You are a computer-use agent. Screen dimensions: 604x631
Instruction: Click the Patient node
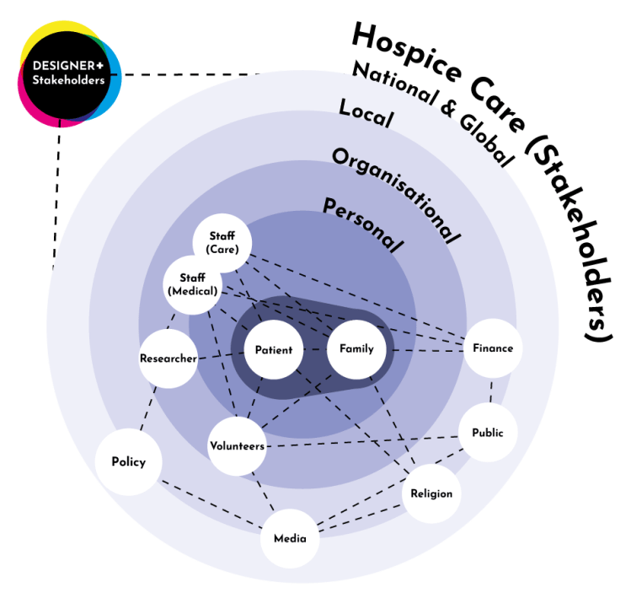(x=274, y=349)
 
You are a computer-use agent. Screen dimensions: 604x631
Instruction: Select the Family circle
(x=356, y=348)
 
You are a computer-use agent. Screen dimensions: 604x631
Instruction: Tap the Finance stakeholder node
(x=493, y=348)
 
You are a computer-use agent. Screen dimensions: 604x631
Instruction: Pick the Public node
(x=488, y=433)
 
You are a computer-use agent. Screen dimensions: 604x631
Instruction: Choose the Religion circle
(x=431, y=493)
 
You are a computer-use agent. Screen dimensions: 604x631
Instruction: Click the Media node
(x=290, y=538)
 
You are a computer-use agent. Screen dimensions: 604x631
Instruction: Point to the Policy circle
(x=128, y=461)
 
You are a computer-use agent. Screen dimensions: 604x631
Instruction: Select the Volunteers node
(x=237, y=445)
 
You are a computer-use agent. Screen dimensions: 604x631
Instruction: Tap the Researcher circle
(x=168, y=359)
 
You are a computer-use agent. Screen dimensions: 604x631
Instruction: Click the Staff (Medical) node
(x=193, y=283)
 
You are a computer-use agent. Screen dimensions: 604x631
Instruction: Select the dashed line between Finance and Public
(x=492, y=391)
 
